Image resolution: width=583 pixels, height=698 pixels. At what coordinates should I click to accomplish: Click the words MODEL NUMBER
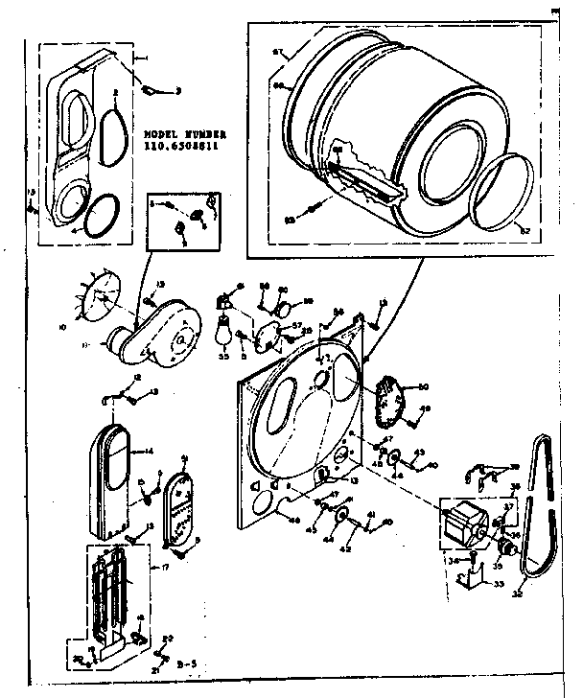tap(184, 136)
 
